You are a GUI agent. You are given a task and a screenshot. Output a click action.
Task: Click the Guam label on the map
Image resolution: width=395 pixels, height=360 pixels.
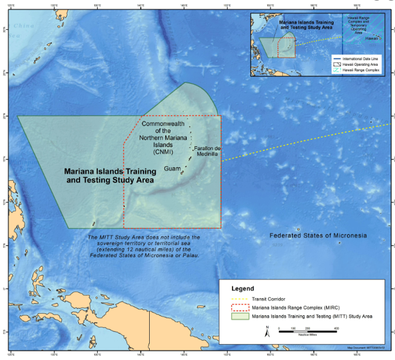[172, 169]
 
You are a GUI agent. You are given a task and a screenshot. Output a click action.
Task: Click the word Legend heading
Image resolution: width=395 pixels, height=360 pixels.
[242, 289]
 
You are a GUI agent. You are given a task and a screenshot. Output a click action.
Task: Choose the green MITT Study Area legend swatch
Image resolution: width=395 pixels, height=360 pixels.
[240, 316]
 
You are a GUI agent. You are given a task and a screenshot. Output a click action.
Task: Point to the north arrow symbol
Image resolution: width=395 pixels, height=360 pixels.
[267, 330]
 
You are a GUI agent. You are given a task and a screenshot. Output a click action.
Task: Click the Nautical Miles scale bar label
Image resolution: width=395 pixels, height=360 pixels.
[308, 335]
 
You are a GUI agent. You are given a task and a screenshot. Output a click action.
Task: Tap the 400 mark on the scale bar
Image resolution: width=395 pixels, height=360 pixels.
[336, 329]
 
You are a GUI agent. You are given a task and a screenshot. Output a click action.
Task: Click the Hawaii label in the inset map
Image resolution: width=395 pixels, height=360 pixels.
[372, 38]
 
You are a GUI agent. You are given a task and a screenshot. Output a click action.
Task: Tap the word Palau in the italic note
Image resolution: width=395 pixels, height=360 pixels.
[190, 255]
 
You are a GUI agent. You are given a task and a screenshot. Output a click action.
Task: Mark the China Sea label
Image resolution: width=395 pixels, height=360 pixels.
[24, 26]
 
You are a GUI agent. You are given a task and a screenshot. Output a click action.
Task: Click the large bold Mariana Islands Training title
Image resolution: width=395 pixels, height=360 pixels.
[109, 171]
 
